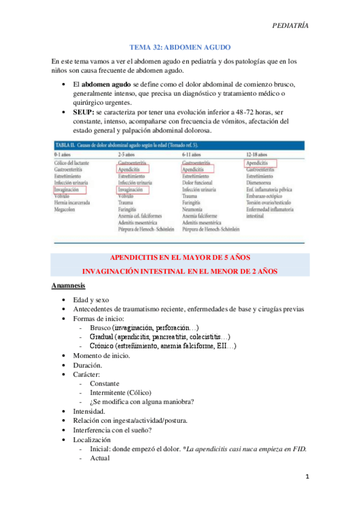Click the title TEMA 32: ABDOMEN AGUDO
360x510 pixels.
[x=180, y=47]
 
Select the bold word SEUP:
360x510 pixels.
[x=83, y=112]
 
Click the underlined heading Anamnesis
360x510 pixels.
[x=68, y=284]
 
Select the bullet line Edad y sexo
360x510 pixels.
[x=91, y=299]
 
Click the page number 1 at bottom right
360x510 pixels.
[x=307, y=477]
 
